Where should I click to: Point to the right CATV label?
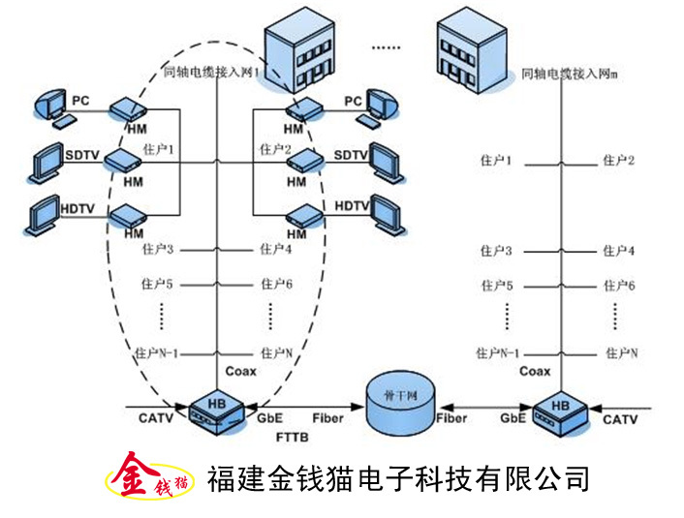(620, 419)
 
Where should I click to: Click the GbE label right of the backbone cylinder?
(513, 419)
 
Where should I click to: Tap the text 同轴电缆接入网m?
(570, 74)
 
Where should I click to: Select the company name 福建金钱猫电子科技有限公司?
(398, 477)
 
